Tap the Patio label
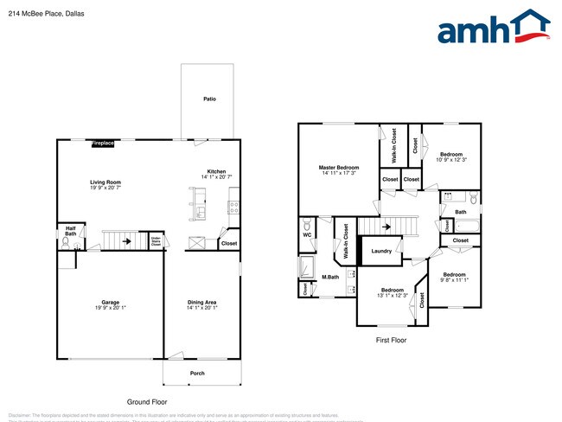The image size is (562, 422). (209, 99)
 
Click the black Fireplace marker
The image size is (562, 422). (103, 143)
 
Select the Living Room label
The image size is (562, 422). (106, 182)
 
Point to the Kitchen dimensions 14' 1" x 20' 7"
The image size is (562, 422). (216, 177)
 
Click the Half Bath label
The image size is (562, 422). (70, 231)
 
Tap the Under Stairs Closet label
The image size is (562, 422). (156, 242)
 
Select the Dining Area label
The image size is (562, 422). (202, 303)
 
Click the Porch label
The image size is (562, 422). (198, 374)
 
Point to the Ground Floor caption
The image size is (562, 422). (147, 402)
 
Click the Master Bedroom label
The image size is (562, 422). (338, 168)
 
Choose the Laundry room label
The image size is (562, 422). (381, 252)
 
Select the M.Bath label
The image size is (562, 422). (329, 278)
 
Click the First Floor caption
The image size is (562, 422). (391, 341)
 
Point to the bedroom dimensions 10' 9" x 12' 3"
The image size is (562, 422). (451, 160)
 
